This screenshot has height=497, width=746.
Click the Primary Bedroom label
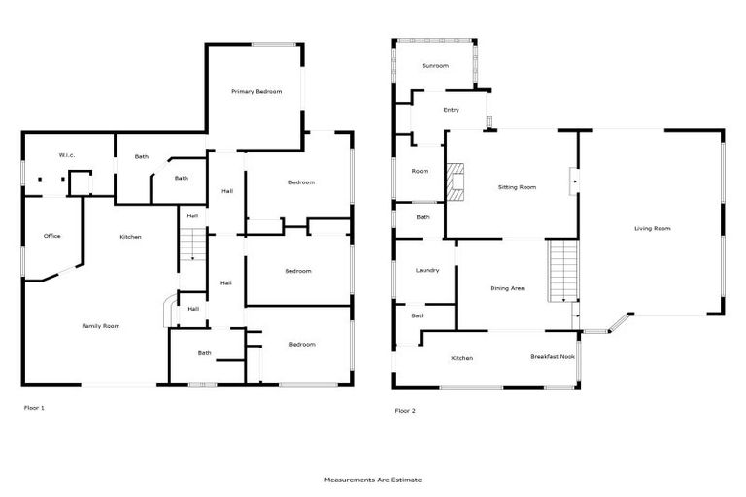(256, 92)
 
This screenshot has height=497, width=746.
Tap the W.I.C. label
(67, 155)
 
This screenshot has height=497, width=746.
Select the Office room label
(52, 236)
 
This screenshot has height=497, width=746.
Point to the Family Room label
(100, 326)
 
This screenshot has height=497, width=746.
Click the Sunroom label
(434, 66)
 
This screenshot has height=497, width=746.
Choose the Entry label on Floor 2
(451, 110)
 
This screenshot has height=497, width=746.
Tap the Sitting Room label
(517, 187)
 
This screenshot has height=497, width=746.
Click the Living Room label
(653, 229)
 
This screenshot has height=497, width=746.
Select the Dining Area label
(507, 288)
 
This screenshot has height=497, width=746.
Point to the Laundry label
(427, 271)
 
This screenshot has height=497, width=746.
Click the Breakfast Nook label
(552, 357)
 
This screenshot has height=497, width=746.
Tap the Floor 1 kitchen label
(131, 238)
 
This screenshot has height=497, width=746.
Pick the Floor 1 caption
(34, 408)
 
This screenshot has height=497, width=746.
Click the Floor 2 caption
(405, 411)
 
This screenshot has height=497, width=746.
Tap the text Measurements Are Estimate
(373, 480)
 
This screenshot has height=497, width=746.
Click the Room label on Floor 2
(420, 172)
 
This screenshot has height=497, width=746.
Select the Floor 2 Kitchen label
(462, 359)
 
